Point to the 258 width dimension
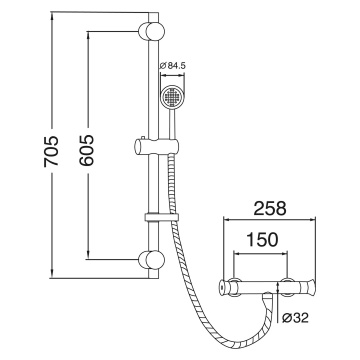pyautogui.click(x=271, y=208)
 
